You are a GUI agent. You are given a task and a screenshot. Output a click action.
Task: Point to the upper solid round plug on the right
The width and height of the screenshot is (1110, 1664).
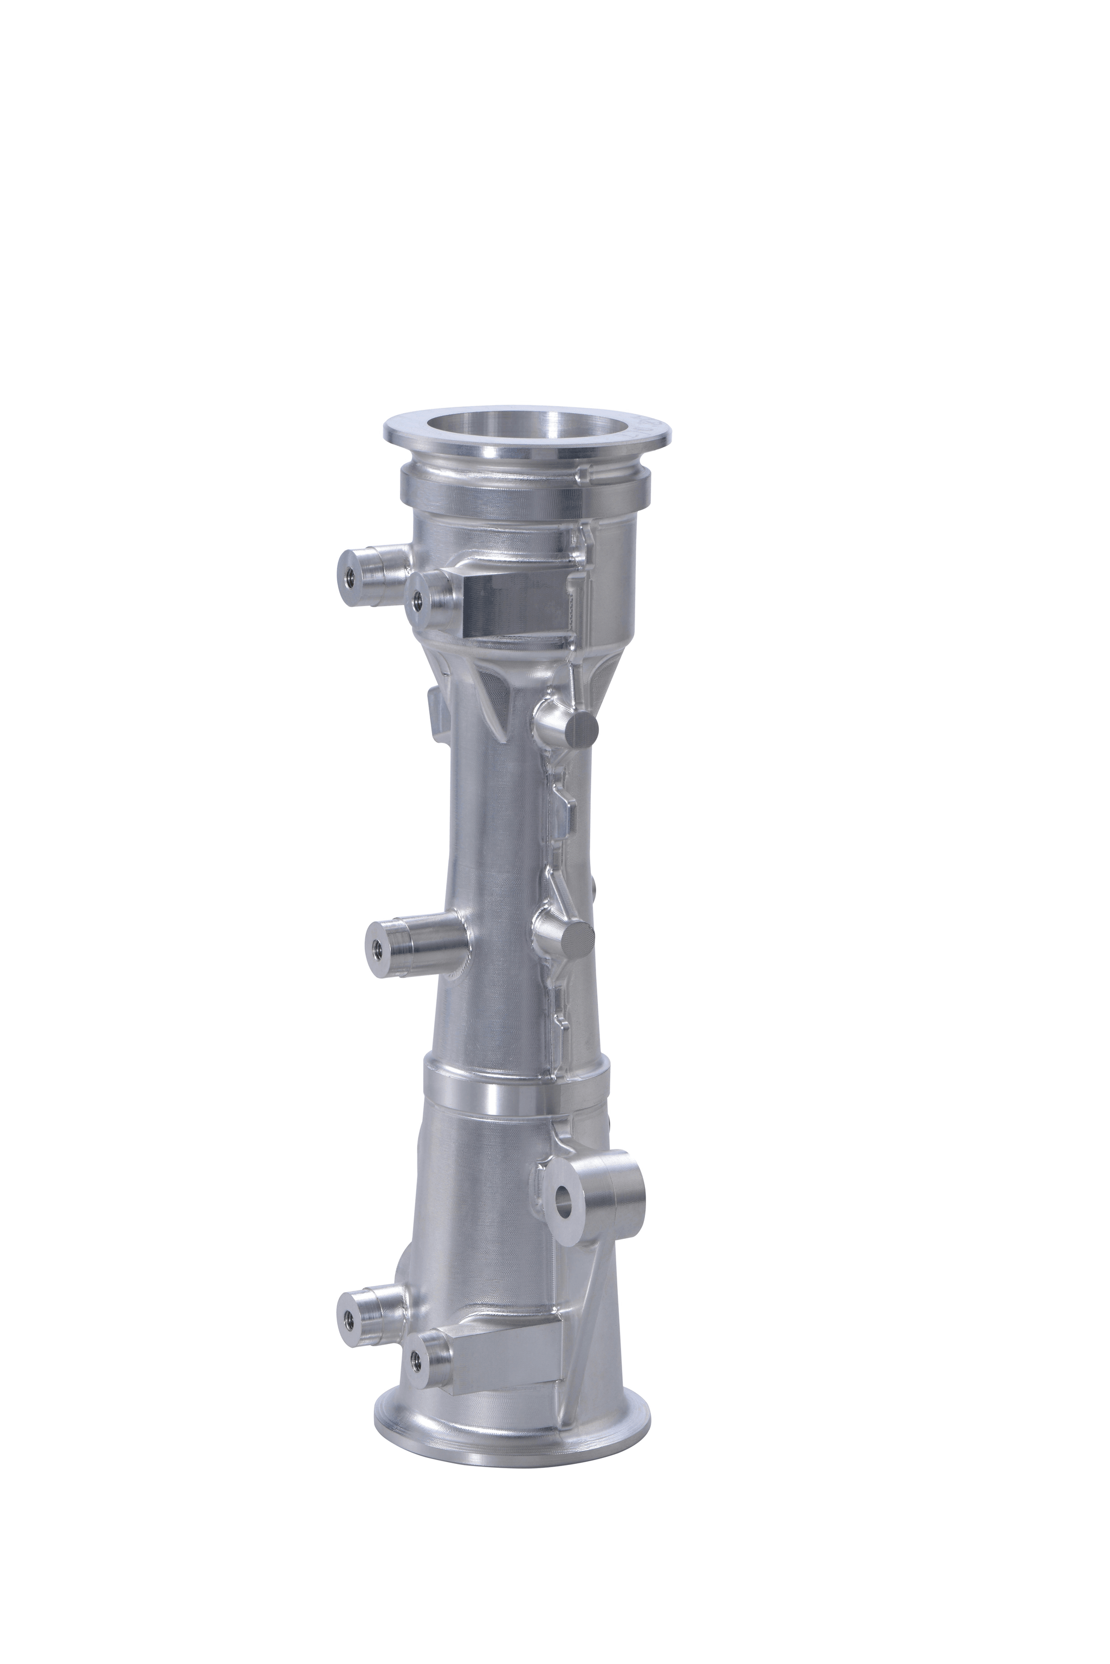[x=585, y=729]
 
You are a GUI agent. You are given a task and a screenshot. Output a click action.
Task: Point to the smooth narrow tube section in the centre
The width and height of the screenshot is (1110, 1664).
[x=495, y=850]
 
